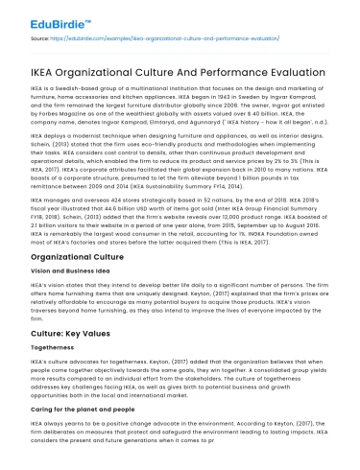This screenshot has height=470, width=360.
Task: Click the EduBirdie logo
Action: coord(46,19)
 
